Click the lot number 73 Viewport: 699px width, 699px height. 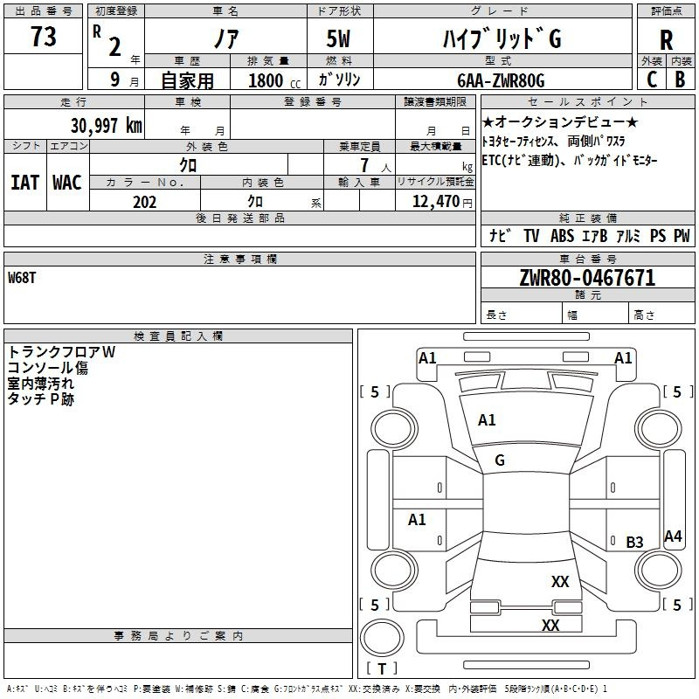click(x=44, y=38)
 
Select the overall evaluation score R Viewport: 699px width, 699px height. click(x=666, y=41)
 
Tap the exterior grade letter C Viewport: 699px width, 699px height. click(x=651, y=79)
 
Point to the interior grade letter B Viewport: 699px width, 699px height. click(x=680, y=79)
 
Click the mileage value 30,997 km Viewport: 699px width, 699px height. click(x=106, y=125)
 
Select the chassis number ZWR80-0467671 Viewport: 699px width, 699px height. click(x=586, y=279)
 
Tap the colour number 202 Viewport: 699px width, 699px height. click(x=144, y=202)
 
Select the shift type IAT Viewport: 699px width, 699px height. click(x=24, y=183)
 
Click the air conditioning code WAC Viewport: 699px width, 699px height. click(x=66, y=183)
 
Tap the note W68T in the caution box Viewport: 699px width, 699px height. click(x=24, y=278)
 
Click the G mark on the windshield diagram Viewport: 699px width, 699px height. click(x=500, y=460)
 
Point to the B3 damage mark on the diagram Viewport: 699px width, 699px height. click(x=634, y=543)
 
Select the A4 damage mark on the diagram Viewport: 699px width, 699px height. click(x=673, y=536)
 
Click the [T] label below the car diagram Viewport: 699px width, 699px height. click(x=382, y=669)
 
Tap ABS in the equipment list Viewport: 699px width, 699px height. click(x=563, y=236)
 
